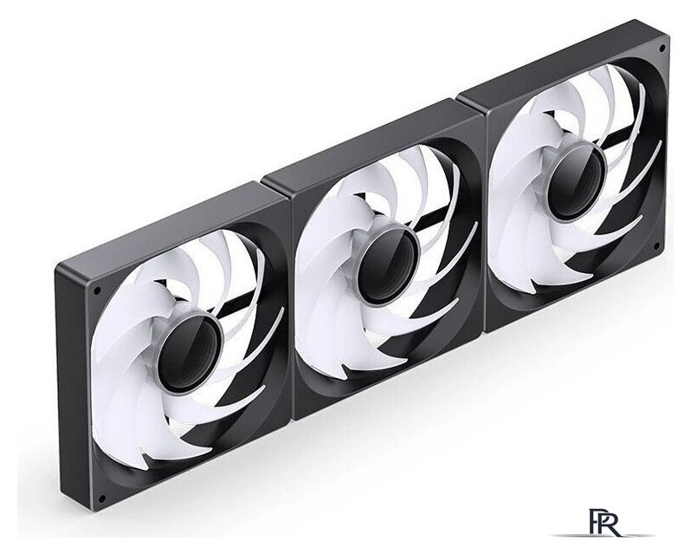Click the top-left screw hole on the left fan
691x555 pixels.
[97, 291]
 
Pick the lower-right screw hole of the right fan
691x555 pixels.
[657, 245]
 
